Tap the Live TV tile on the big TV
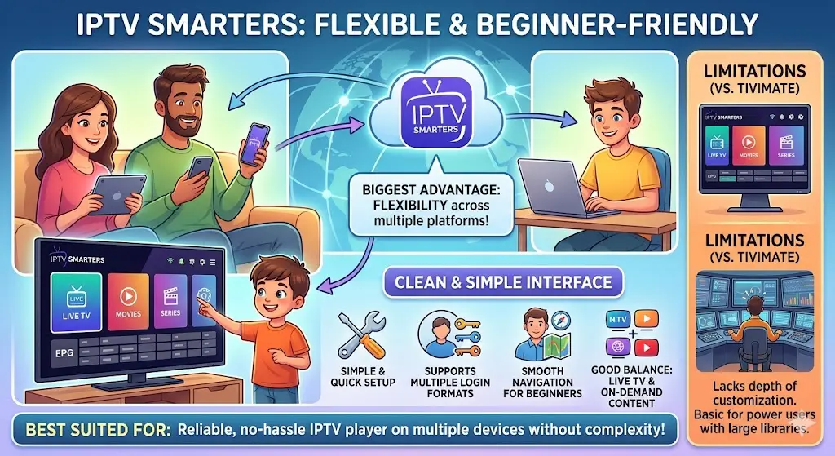click(x=75, y=302)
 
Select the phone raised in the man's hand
click(x=258, y=141)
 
